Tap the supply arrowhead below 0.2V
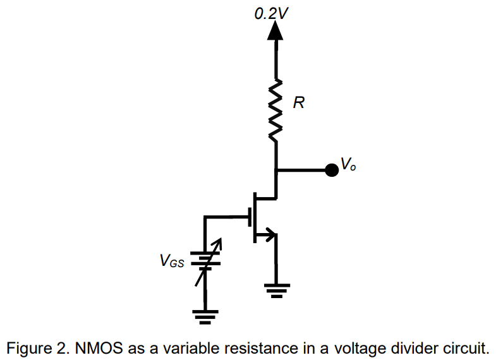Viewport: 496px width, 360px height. (275, 31)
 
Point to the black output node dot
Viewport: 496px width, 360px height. (330, 169)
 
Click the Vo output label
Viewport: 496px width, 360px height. (348, 164)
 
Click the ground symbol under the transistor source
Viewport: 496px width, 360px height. (275, 291)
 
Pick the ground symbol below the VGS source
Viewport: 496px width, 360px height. (205, 316)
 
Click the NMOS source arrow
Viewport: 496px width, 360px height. (270, 236)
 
